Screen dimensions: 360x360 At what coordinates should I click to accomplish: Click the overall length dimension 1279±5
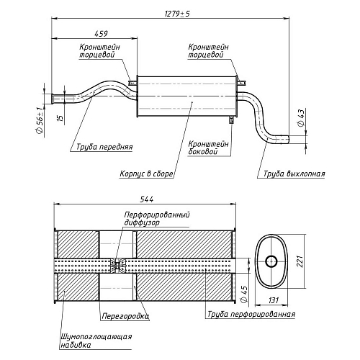[x=177, y=14]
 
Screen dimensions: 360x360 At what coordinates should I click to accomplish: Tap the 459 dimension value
[x=101, y=34]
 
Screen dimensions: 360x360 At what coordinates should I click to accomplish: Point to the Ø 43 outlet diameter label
[x=301, y=117]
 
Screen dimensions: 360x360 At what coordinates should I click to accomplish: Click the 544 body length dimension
[x=146, y=199]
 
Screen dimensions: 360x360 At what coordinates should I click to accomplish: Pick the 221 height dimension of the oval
[x=300, y=261]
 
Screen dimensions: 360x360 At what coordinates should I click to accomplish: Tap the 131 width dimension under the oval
[x=274, y=300]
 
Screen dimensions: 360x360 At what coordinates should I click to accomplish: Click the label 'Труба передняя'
[x=104, y=147]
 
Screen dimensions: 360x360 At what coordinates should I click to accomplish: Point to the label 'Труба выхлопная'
[x=294, y=174]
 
